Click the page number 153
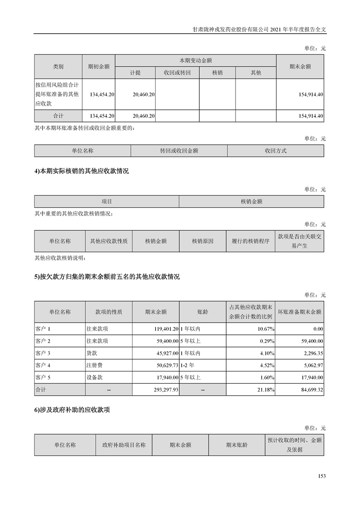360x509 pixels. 322,476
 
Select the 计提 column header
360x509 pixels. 135,73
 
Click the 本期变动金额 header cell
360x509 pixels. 196,60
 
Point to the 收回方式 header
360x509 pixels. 276,151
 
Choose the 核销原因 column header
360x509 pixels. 202,241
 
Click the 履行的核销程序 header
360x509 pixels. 250,241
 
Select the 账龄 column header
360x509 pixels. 202,312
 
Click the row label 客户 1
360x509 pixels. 43,328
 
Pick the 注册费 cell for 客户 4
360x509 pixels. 94,365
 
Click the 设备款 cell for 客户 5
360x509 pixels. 94,377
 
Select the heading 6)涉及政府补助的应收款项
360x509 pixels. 72,410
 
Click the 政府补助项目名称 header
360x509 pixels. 124,445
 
